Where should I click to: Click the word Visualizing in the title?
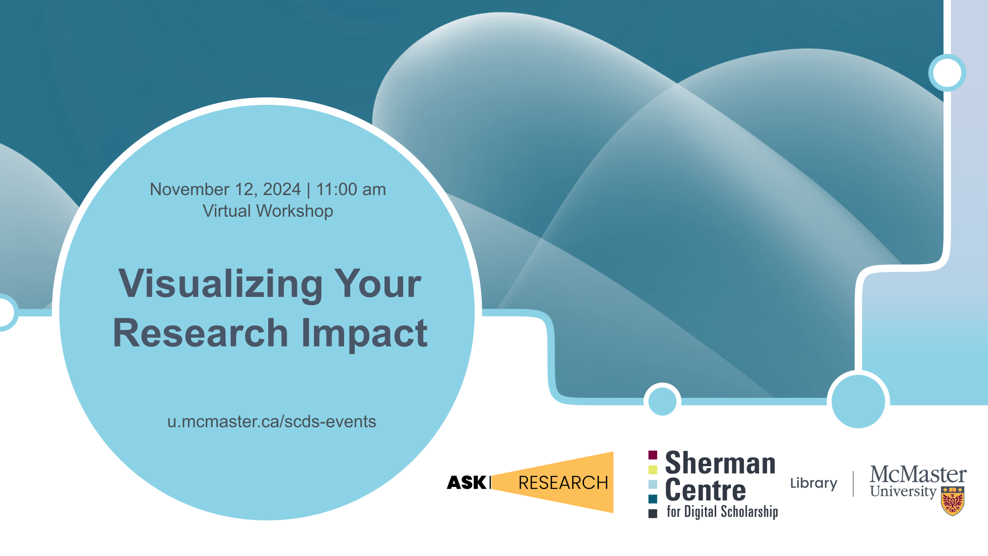(x=220, y=284)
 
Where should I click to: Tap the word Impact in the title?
(x=365, y=334)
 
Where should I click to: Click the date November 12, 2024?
(x=226, y=190)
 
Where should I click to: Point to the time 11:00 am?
(x=351, y=190)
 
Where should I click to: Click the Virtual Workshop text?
(x=268, y=211)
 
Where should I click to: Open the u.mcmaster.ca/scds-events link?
(x=272, y=422)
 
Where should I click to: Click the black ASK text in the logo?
(x=466, y=483)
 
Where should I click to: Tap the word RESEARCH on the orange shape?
(x=563, y=483)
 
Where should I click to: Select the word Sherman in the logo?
(x=720, y=463)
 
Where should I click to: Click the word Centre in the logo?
(x=705, y=490)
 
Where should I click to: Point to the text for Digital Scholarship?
(x=723, y=512)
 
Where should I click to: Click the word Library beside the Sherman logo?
(x=814, y=483)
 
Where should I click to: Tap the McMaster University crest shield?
(x=953, y=501)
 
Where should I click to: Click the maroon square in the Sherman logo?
(x=653, y=455)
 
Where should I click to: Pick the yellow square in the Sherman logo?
(x=653, y=470)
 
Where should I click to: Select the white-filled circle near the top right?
(x=947, y=73)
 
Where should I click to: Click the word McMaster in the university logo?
(x=918, y=474)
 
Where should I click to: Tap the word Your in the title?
(x=378, y=284)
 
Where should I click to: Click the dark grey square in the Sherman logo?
(x=653, y=513)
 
